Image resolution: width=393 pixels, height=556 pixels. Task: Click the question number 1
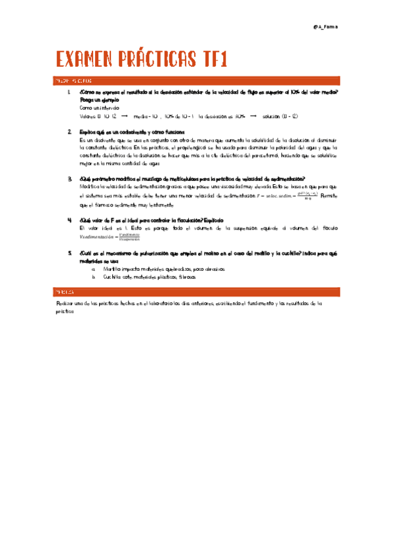pyautogui.click(x=69, y=93)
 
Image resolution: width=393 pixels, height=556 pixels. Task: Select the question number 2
pyautogui.click(x=69, y=132)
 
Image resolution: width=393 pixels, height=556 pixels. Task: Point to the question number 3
pyautogui.click(x=69, y=178)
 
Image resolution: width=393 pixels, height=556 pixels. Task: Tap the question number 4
pyautogui.click(x=69, y=220)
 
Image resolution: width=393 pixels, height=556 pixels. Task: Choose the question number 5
pyautogui.click(x=69, y=252)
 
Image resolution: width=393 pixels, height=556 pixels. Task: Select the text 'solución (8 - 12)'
pyautogui.click(x=280, y=115)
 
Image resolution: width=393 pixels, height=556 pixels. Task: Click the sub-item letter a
pyautogui.click(x=93, y=269)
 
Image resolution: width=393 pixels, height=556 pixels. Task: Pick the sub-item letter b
pyautogui.click(x=93, y=277)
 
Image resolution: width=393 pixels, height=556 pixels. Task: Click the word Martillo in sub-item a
pyautogui.click(x=114, y=269)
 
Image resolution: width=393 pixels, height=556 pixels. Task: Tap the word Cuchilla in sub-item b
pyautogui.click(x=114, y=277)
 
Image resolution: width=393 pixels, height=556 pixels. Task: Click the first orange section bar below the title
pyautogui.click(x=197, y=81)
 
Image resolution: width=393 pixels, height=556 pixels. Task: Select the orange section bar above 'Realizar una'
pyautogui.click(x=197, y=290)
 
